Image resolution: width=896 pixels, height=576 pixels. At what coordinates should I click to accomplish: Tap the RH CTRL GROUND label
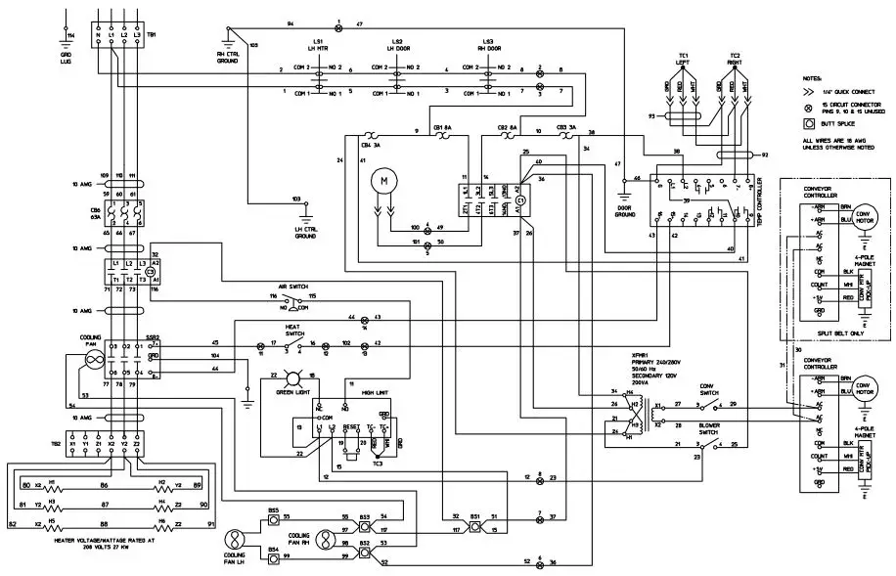[227, 55]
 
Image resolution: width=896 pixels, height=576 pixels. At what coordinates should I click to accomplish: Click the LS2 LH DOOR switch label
[396, 45]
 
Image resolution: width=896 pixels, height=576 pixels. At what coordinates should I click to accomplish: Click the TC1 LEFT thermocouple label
[683, 59]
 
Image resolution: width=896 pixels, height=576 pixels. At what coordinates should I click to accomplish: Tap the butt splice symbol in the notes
[808, 124]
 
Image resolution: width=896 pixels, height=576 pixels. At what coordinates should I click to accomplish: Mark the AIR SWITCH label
[293, 287]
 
